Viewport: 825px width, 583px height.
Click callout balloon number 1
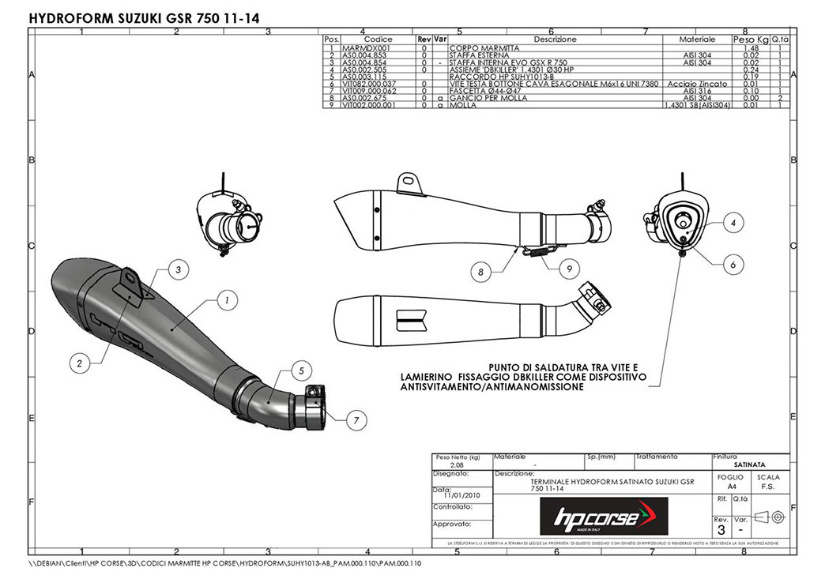pos(226,300)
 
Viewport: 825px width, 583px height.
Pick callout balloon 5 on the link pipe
pos(300,370)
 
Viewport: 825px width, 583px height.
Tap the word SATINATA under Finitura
pos(748,465)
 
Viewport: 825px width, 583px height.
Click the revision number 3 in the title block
pos(721,530)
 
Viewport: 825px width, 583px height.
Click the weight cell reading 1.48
pos(751,48)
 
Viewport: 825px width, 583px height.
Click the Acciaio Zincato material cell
pos(697,83)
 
